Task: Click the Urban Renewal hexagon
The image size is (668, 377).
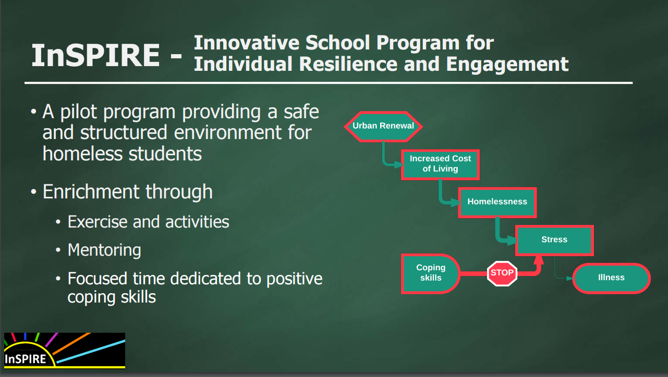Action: (383, 126)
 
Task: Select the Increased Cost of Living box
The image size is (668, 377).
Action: (440, 165)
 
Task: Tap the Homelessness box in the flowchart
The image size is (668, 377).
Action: (497, 203)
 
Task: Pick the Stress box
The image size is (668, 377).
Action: (554, 241)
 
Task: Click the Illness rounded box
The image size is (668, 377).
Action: (611, 278)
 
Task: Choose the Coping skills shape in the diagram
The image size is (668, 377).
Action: (430, 274)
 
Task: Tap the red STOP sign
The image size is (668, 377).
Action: (502, 273)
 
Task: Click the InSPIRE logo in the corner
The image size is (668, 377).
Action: (65, 350)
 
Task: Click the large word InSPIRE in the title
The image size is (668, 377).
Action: (96, 55)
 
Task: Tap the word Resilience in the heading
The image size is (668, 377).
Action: (348, 64)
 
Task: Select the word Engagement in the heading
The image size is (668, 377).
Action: (507, 65)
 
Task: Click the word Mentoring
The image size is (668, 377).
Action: (104, 250)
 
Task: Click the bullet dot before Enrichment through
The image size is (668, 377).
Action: (33, 192)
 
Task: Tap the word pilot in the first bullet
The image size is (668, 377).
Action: (79, 112)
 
